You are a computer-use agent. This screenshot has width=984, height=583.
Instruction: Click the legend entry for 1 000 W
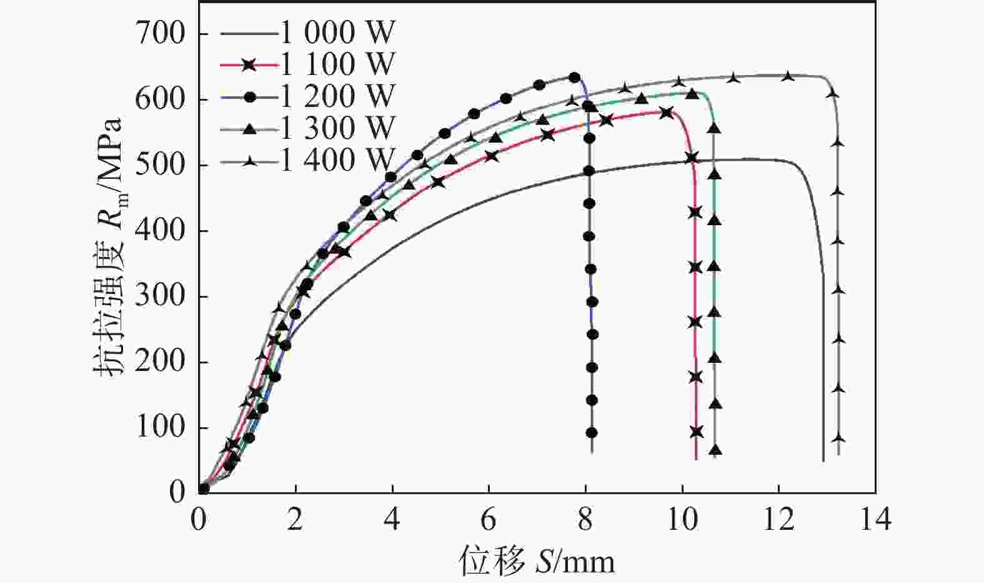pyautogui.click(x=337, y=32)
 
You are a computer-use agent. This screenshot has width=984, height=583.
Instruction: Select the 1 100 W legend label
pyautogui.click(x=337, y=64)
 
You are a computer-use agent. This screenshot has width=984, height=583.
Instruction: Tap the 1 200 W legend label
pyautogui.click(x=337, y=96)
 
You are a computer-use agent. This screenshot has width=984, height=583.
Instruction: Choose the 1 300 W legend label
pyautogui.click(x=337, y=128)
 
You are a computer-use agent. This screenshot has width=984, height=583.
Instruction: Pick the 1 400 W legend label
pyautogui.click(x=337, y=160)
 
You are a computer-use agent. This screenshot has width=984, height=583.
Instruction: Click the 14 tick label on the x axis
pyautogui.click(x=875, y=520)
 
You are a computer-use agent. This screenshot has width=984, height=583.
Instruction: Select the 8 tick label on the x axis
pyautogui.click(x=585, y=520)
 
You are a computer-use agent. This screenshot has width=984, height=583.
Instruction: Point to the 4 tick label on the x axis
pyautogui.click(x=392, y=520)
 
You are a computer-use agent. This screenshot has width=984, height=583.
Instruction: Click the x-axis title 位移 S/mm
pyautogui.click(x=537, y=561)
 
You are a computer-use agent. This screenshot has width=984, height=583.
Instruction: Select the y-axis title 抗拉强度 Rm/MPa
pyautogui.click(x=109, y=247)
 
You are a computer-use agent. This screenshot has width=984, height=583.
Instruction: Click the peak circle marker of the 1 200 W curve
pyautogui.click(x=574, y=78)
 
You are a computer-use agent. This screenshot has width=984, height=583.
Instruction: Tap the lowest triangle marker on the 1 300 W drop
pyautogui.click(x=715, y=450)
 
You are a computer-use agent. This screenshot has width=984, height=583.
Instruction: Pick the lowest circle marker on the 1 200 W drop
pyautogui.click(x=591, y=433)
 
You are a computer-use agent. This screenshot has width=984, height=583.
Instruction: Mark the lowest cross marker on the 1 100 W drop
pyautogui.click(x=697, y=432)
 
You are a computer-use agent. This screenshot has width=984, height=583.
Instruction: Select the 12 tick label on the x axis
pyautogui.click(x=778, y=520)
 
